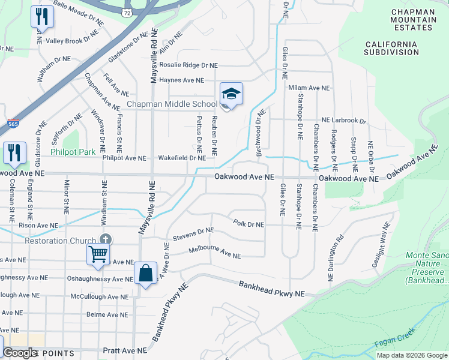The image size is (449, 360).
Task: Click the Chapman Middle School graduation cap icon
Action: [231, 94]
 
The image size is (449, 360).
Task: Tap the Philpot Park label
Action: [73, 152]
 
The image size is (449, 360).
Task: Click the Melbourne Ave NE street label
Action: [214, 252]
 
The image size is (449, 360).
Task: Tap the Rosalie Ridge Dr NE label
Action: [188, 65]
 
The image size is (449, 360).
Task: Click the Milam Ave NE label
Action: [309, 88]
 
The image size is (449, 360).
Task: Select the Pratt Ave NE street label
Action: [124, 350]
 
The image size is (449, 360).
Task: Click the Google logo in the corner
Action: [20, 353]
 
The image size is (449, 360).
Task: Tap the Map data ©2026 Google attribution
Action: [411, 355]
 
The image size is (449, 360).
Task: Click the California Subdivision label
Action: [391, 48]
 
